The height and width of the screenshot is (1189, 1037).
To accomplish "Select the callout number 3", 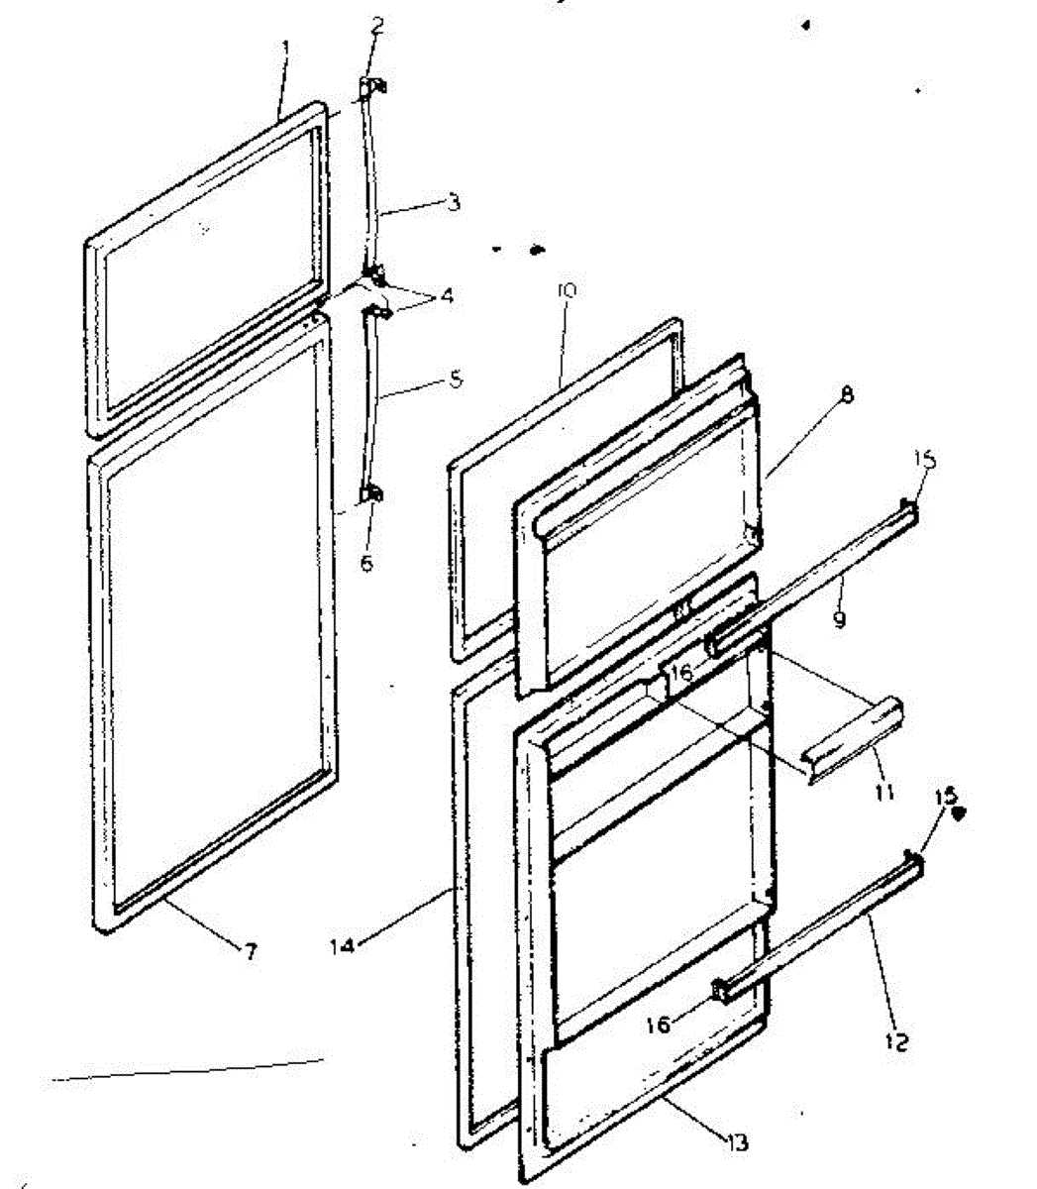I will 454,203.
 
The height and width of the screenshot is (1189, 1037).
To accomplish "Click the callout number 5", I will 455,378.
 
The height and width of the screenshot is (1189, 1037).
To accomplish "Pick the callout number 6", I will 366,563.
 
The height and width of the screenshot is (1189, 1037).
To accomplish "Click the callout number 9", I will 839,620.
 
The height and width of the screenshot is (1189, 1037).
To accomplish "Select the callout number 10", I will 568,291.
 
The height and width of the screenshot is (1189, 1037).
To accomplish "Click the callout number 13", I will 736,1140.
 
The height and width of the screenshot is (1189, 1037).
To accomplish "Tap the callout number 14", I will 342,945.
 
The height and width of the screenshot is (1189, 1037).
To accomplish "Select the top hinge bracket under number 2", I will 371,88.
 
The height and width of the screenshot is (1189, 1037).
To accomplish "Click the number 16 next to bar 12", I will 658,1024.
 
